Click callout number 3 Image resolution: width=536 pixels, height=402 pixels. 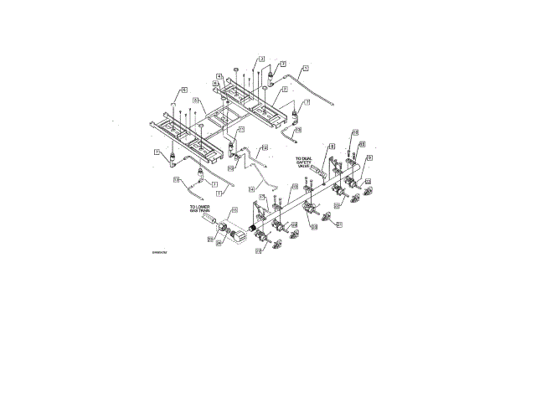[x=261, y=59]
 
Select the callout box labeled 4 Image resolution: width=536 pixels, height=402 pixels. [x=218, y=76]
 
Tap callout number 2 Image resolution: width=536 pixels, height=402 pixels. [x=285, y=88]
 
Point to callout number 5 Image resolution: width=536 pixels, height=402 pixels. [x=183, y=90]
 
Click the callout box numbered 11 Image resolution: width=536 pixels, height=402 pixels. [x=241, y=131]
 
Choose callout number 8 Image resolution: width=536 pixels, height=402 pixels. [x=332, y=147]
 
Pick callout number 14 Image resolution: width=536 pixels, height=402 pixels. [x=265, y=147]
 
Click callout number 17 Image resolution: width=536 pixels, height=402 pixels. [x=260, y=198]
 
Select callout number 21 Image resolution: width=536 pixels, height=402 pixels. [x=340, y=224]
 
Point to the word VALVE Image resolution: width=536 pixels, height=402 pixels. [x=303, y=167]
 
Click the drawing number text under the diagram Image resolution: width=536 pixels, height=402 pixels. [x=160, y=251]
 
